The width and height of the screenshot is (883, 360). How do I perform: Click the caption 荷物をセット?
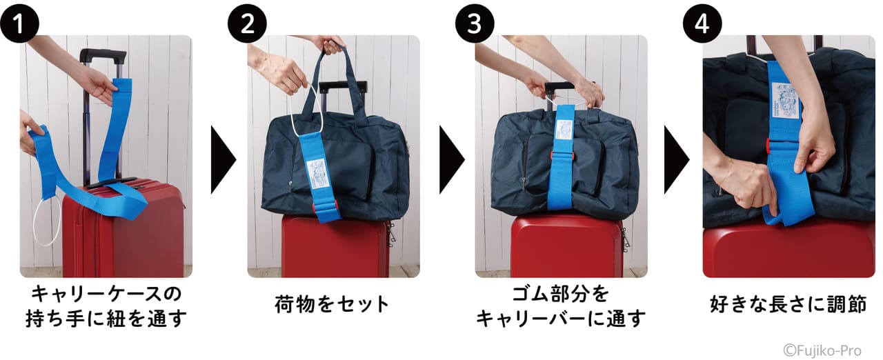click(333, 304)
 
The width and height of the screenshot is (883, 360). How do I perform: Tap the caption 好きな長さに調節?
click(788, 304)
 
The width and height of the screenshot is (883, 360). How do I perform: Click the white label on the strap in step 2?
click(317, 169)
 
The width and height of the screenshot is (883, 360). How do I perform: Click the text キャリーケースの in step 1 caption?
click(107, 294)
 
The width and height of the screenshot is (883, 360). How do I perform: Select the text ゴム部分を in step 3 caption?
click(560, 294)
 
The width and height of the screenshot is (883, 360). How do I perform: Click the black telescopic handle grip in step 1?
click(103, 54)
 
